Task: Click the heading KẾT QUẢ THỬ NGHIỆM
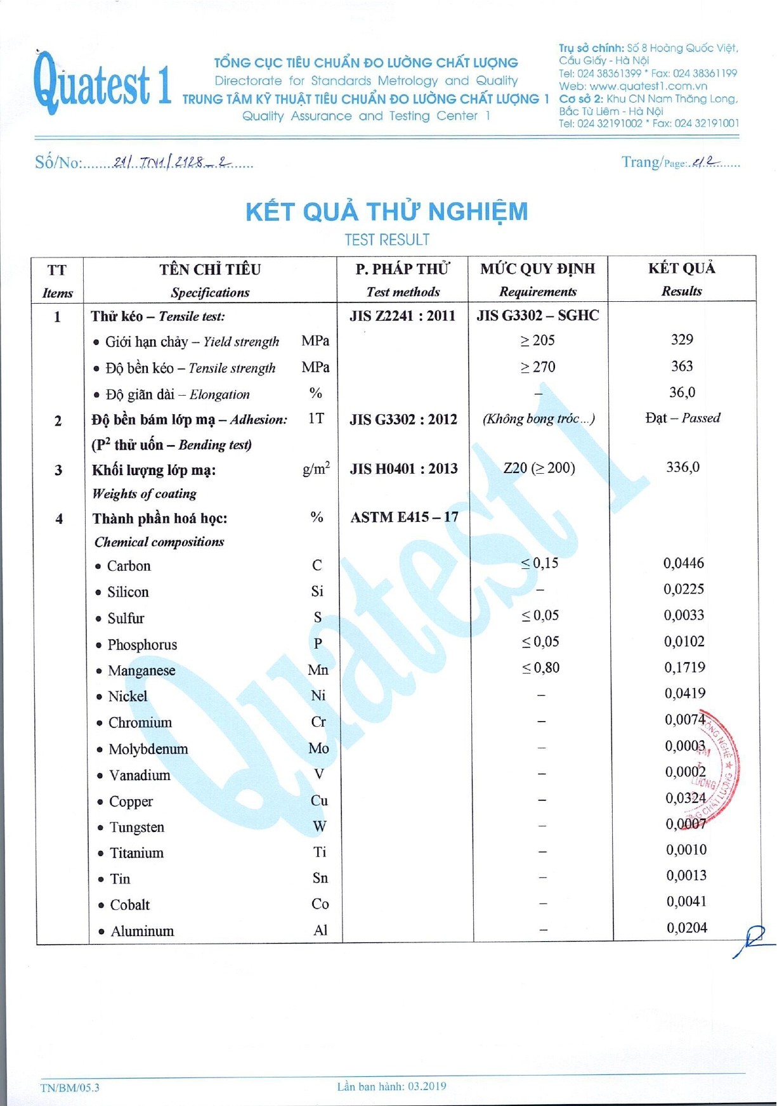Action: (386, 212)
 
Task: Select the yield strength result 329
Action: (682, 340)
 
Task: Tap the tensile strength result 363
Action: (682, 367)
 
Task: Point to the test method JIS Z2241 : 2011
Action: (403, 316)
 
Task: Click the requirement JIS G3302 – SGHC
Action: (538, 315)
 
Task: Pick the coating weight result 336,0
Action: (682, 467)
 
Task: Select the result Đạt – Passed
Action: (682, 418)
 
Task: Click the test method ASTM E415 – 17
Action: (404, 517)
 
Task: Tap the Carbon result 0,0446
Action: (684, 563)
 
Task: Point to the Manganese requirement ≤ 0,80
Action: (540, 668)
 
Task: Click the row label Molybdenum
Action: (148, 749)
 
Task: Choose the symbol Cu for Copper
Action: (319, 801)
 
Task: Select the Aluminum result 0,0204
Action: (687, 928)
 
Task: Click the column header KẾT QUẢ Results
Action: (682, 279)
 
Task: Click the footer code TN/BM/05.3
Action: (70, 1088)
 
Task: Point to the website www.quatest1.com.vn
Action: (648, 86)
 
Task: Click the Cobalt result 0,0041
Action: (686, 902)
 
